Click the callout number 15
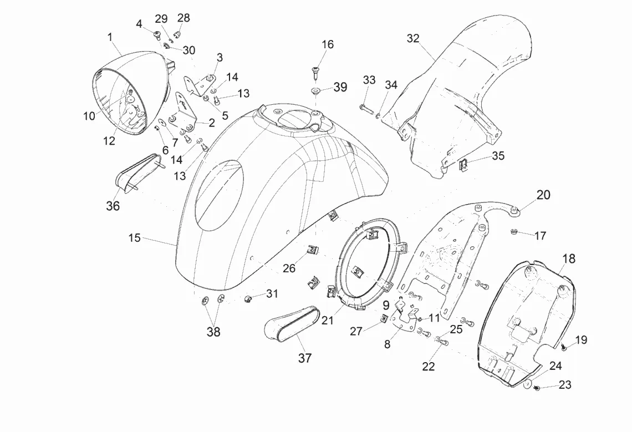pos(135,238)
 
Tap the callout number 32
pos(413,38)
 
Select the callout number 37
pos(305,358)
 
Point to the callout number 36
pos(113,206)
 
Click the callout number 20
pos(543,195)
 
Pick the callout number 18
pos(569,258)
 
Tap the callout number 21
pos(328,321)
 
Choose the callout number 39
pos(340,87)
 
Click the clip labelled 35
pos(464,164)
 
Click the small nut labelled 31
pos(248,298)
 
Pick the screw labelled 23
pos(537,388)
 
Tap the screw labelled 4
pos(156,35)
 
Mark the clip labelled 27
pos(385,318)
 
